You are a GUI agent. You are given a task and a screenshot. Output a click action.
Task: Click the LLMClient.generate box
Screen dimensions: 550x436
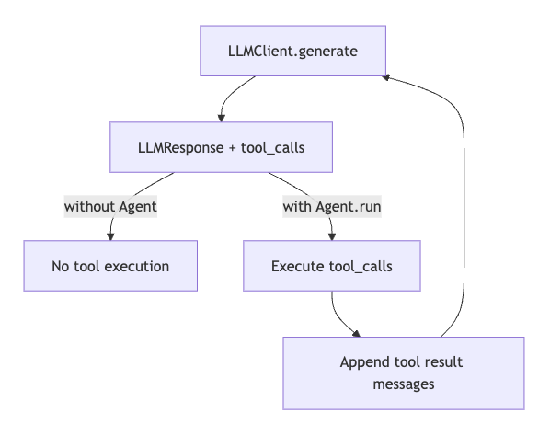[292, 51]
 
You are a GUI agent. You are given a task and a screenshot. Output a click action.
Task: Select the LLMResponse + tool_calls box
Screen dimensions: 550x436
[221, 147]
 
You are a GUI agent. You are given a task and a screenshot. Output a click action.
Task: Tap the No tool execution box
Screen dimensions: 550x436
[110, 266]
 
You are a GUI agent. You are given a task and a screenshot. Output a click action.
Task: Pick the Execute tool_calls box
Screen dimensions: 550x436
[332, 266]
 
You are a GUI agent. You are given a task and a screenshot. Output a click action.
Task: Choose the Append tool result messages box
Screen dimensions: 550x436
[404, 373]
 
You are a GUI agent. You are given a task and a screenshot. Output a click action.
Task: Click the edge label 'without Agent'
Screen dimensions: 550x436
[110, 207]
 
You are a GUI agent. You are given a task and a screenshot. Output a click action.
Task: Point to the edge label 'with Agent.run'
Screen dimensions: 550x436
[332, 207]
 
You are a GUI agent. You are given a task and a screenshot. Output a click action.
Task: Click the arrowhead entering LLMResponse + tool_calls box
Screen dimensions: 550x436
[221, 119]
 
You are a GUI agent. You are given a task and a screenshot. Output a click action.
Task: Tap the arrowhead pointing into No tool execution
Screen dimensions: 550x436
[110, 236]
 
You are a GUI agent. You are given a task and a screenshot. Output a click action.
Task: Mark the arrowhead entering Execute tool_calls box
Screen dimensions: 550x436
[332, 236]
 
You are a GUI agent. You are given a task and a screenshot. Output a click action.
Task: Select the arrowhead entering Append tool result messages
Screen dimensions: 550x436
[356, 334]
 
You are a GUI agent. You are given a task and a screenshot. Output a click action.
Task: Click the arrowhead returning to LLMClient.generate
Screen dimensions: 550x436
[386, 77]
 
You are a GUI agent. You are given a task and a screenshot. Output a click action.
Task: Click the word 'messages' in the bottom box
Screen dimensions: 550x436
[404, 384]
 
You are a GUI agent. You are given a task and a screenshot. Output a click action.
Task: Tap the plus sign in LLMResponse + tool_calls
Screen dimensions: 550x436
[232, 148]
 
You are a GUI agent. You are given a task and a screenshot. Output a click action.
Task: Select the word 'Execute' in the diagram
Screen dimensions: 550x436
[298, 266]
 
